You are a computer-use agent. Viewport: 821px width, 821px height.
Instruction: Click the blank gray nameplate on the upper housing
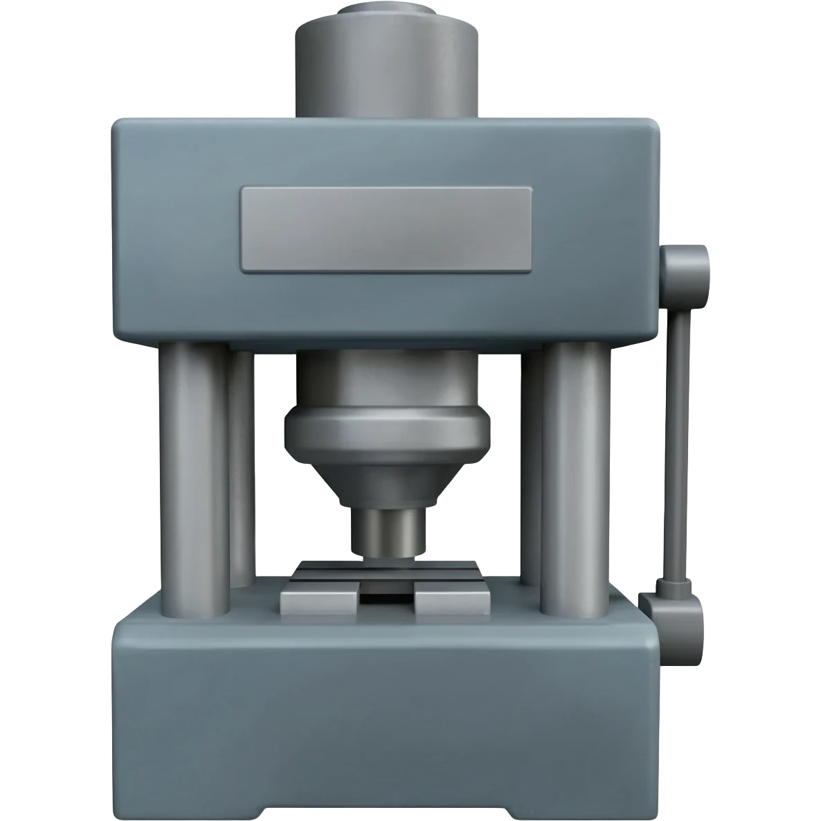pos(386,228)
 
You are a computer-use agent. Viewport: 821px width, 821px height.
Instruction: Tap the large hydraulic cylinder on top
pos(387,69)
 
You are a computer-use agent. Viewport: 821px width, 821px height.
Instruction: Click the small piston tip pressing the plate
pos(387,533)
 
